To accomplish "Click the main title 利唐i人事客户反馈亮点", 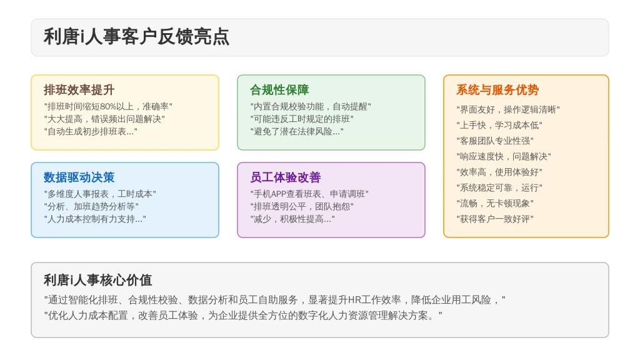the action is [136, 37].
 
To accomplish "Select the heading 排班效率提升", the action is [79, 90].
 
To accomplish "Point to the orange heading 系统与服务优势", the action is [497, 90].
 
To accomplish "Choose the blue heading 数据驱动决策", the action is [79, 177].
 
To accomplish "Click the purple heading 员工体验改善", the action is [285, 177].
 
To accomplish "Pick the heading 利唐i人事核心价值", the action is [98, 280].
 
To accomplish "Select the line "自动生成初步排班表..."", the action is [91, 131].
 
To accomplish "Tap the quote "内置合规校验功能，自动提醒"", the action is [311, 106].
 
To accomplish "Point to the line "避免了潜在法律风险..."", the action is [297, 131].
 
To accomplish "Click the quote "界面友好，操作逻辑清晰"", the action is [507, 110].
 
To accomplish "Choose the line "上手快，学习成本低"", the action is [499, 125].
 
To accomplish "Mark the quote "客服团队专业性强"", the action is [495, 141].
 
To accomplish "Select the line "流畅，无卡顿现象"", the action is [495, 203].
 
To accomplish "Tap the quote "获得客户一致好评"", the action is [495, 219].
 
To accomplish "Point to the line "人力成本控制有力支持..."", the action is [95, 219].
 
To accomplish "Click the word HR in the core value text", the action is [355, 300].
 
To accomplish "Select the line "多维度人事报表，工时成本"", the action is [99, 194].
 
